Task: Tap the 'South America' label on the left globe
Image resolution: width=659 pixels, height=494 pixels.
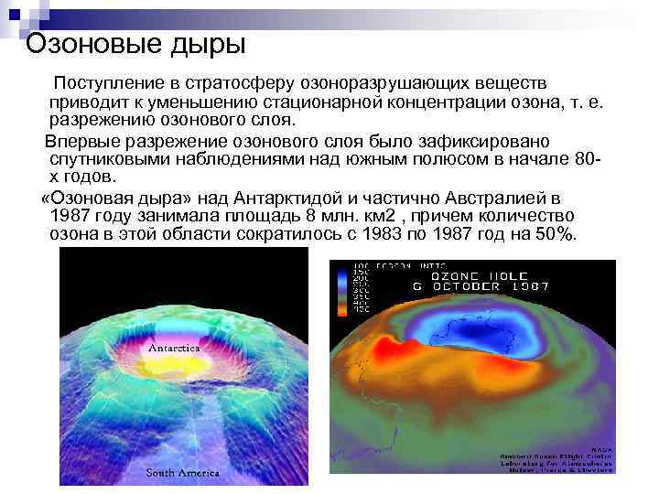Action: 184,473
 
